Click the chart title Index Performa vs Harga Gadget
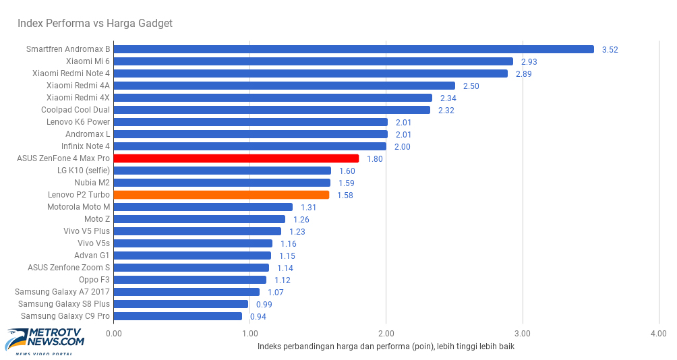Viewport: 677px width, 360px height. point(95,24)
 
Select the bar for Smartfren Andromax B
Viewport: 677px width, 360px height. point(353,49)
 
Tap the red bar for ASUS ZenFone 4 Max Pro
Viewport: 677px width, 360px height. point(236,158)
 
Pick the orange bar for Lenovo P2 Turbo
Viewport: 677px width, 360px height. point(221,195)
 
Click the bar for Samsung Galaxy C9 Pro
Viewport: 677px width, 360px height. point(178,316)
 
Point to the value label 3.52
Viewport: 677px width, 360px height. point(610,50)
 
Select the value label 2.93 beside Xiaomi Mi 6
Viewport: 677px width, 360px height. point(529,62)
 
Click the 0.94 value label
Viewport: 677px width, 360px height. point(258,317)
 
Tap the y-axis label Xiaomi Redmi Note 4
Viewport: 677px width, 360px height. point(71,73)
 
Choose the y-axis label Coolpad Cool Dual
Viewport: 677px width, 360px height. point(75,110)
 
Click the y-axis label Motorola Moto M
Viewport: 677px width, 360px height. point(78,207)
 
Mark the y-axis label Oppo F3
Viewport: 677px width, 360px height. point(94,280)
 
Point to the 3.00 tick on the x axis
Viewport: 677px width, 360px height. point(522,333)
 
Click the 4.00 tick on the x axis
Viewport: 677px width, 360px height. point(658,333)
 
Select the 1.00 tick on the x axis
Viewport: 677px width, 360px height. point(249,333)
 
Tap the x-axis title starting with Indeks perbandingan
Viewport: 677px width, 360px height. point(386,347)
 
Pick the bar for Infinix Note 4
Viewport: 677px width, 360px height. point(249,146)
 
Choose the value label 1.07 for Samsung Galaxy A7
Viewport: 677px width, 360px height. point(275,293)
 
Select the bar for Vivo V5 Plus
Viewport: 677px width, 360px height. point(197,231)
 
